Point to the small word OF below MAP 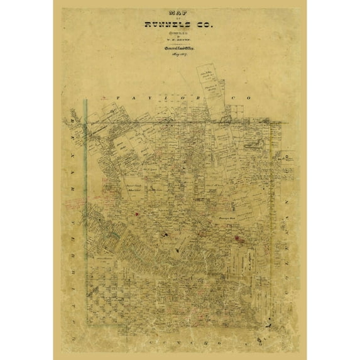179,18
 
